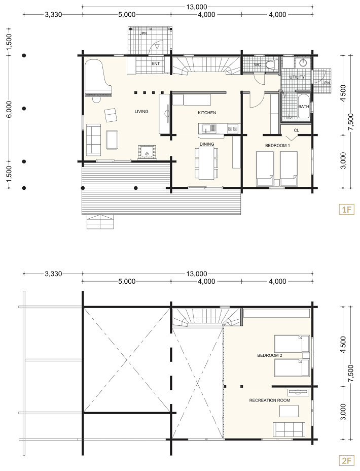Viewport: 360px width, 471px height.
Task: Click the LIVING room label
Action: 141,112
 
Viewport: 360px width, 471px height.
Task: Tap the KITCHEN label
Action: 207,113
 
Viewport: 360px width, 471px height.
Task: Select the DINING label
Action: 207,144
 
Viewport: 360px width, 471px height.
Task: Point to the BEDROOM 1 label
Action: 277,145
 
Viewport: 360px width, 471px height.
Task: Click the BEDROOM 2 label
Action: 270,355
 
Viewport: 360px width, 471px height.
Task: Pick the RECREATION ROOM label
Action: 269,400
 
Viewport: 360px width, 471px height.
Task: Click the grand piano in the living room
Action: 98,78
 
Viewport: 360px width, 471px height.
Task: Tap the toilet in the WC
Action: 272,64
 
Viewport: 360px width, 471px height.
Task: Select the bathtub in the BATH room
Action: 303,107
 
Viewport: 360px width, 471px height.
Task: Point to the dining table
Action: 206,163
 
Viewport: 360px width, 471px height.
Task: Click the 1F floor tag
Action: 346,210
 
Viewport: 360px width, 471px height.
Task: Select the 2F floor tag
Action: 346,460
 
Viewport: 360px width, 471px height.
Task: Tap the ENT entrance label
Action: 155,63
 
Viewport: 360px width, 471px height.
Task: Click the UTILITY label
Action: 297,77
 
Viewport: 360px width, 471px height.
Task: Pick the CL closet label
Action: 297,130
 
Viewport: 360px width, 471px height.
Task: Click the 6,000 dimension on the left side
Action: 9,109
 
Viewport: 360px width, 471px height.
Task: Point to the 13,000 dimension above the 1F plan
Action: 197,7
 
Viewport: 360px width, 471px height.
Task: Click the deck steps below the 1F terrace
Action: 100,222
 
